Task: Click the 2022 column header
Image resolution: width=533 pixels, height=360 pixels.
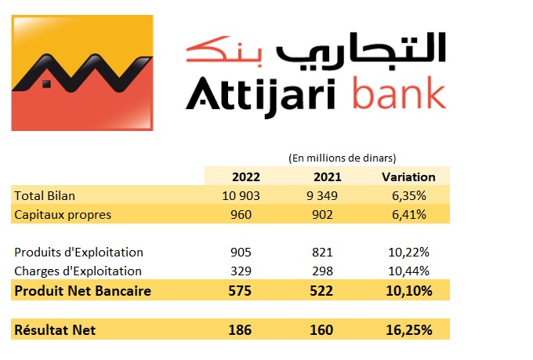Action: pos(246,177)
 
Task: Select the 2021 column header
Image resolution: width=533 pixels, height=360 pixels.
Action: pos(328,177)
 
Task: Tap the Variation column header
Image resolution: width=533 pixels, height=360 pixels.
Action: pos(408,177)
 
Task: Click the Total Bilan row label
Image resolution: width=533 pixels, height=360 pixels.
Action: pos(45,196)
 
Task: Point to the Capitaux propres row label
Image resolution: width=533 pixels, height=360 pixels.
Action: pos(63,215)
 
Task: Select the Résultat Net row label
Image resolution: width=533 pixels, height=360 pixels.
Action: pos(55,330)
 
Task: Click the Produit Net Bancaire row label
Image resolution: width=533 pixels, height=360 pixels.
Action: pos(82,291)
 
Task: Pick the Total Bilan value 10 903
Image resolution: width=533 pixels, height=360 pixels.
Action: pos(241,196)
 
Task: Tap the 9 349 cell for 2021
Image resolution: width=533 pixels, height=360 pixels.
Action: pos(322,196)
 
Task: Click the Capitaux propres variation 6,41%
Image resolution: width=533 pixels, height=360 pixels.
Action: pos(409,215)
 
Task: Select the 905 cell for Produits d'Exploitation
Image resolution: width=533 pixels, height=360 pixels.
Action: pos(241,253)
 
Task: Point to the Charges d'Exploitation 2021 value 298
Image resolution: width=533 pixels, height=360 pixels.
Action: pos(322,271)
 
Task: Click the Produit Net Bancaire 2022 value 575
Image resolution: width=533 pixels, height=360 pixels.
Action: pos(240,291)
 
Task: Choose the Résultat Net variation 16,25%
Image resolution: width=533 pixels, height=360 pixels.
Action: pos(409,330)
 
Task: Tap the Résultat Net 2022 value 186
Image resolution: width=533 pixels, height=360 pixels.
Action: pos(240,330)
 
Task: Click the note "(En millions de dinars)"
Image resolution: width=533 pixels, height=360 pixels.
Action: pos(343,158)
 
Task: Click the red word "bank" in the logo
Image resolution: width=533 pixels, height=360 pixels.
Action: pos(400,93)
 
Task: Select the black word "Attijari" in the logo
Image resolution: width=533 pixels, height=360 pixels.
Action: pos(261,97)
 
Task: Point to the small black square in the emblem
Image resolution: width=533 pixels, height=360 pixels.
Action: pos(46,83)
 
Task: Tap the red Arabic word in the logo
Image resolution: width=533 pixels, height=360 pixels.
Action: pos(224,51)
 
